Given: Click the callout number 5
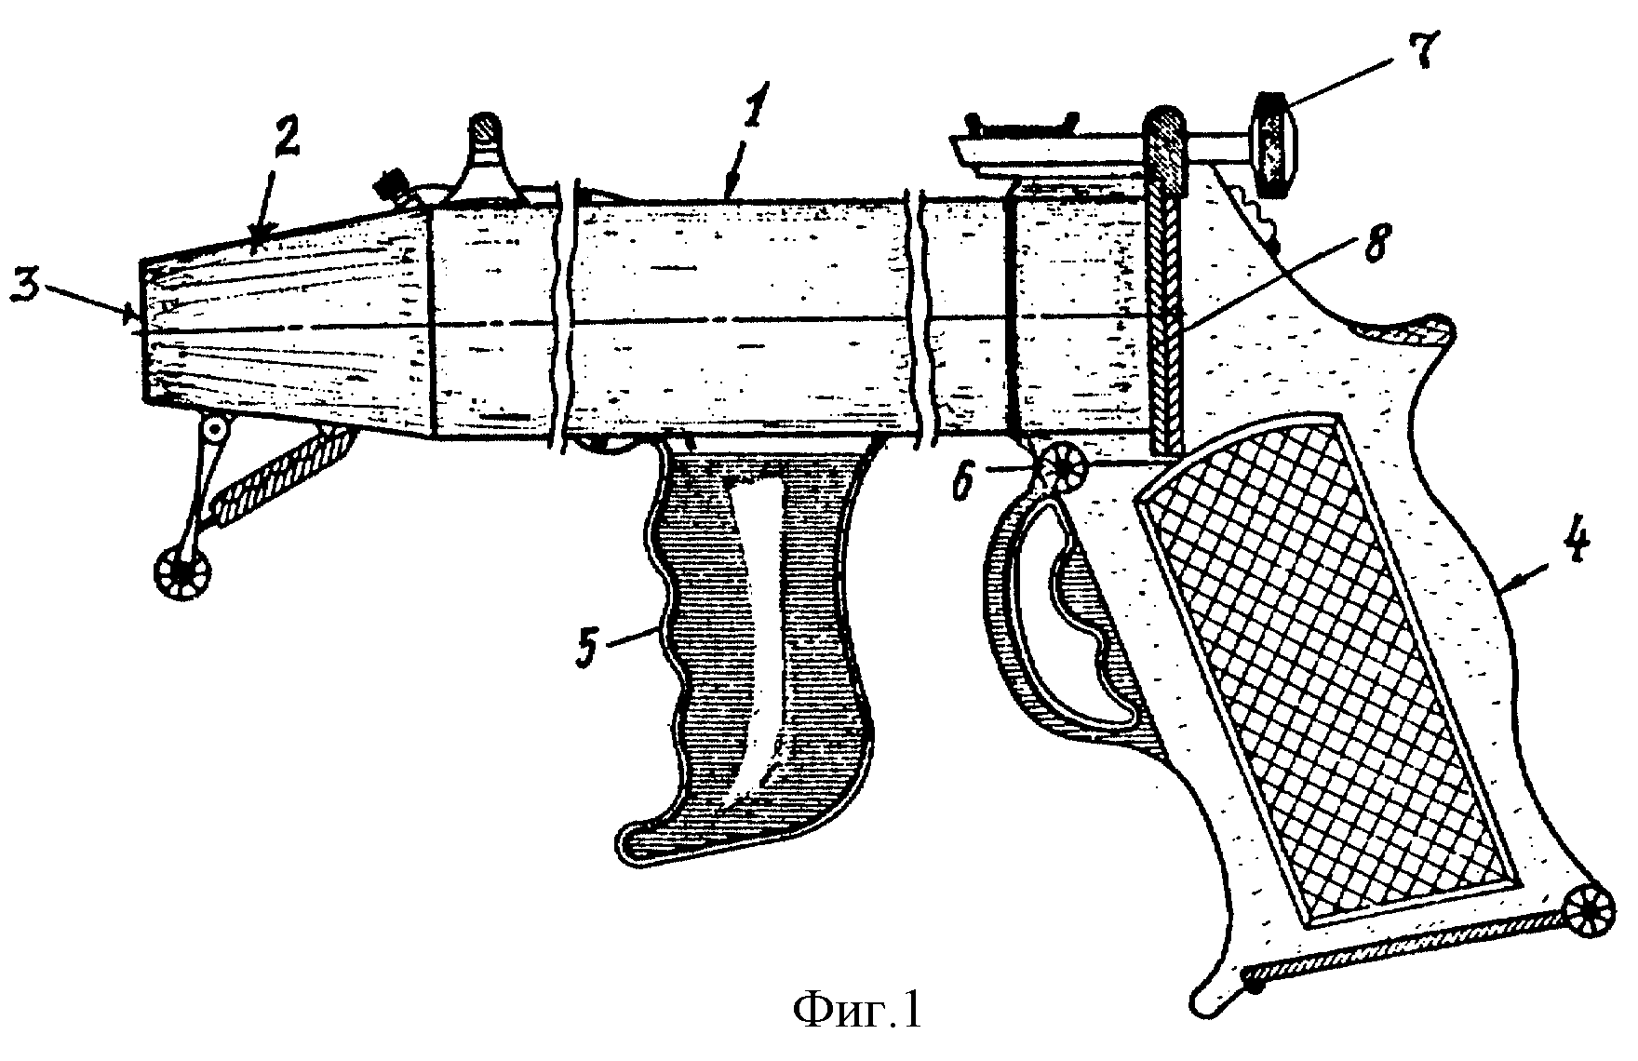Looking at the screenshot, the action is coord(586,643).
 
